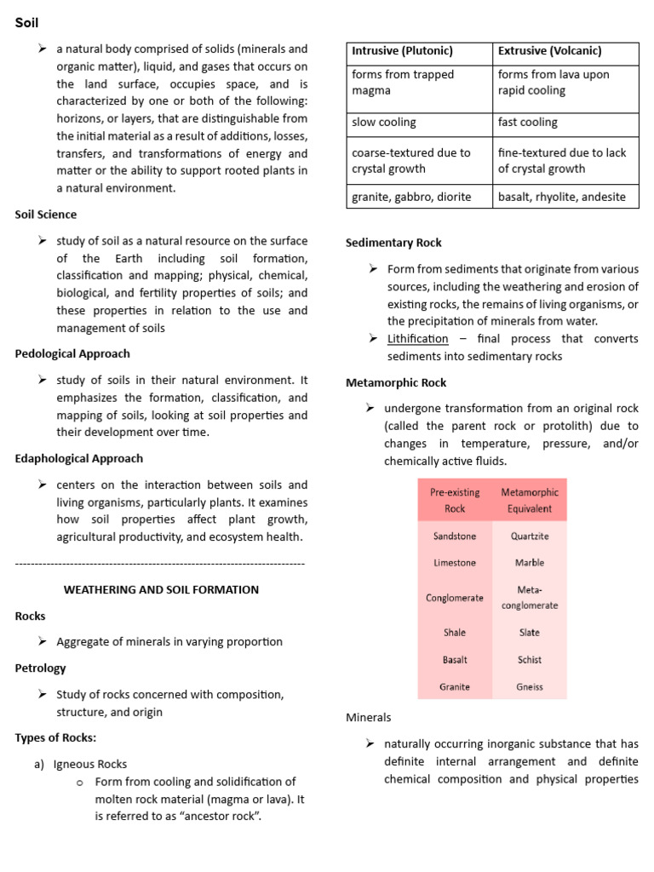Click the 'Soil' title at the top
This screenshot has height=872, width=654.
pos(27,23)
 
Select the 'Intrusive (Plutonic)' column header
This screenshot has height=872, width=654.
pos(402,51)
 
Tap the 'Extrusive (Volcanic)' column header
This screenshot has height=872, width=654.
pos(549,51)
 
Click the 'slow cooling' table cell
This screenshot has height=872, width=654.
pos(384,123)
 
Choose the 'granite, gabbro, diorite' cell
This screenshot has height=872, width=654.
pos(411,197)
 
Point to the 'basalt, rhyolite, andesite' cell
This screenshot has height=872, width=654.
pos(561,197)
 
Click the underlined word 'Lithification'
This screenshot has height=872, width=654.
pos(417,339)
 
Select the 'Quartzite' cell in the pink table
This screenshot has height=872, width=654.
pos(530,536)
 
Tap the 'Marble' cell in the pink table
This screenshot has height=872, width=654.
pos(530,563)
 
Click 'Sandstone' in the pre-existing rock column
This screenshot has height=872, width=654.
pos(455,536)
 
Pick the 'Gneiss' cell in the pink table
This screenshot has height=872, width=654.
pos(530,686)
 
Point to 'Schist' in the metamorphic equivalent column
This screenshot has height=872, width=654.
pos(530,659)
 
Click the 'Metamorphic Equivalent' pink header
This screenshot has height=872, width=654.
pos(530,500)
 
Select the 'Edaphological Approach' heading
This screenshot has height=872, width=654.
pos(79,459)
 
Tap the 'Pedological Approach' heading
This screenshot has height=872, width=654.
pos(72,353)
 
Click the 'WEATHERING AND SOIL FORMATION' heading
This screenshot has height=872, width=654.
pos(162,589)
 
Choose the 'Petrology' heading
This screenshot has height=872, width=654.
pos(40,668)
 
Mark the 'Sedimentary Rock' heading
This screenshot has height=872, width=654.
pos(393,243)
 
